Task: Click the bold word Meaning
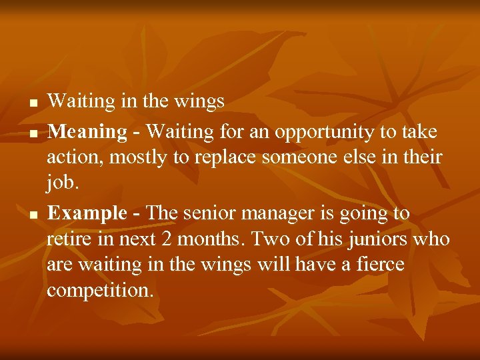click(87, 132)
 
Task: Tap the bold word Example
click(87, 213)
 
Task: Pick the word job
click(60, 183)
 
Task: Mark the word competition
click(100, 291)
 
